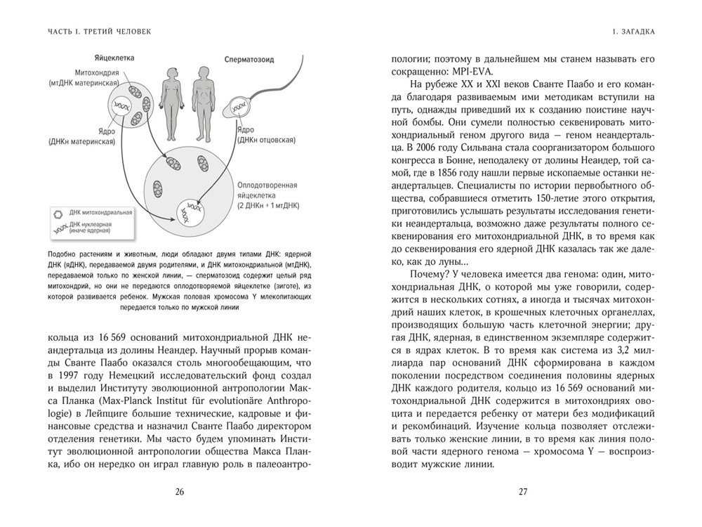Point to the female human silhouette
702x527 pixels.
click(168, 105)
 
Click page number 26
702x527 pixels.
click(179, 492)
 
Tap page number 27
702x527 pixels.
click(522, 492)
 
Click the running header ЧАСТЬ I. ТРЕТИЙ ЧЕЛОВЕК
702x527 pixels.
click(99, 32)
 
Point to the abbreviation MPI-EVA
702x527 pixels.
click(472, 72)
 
